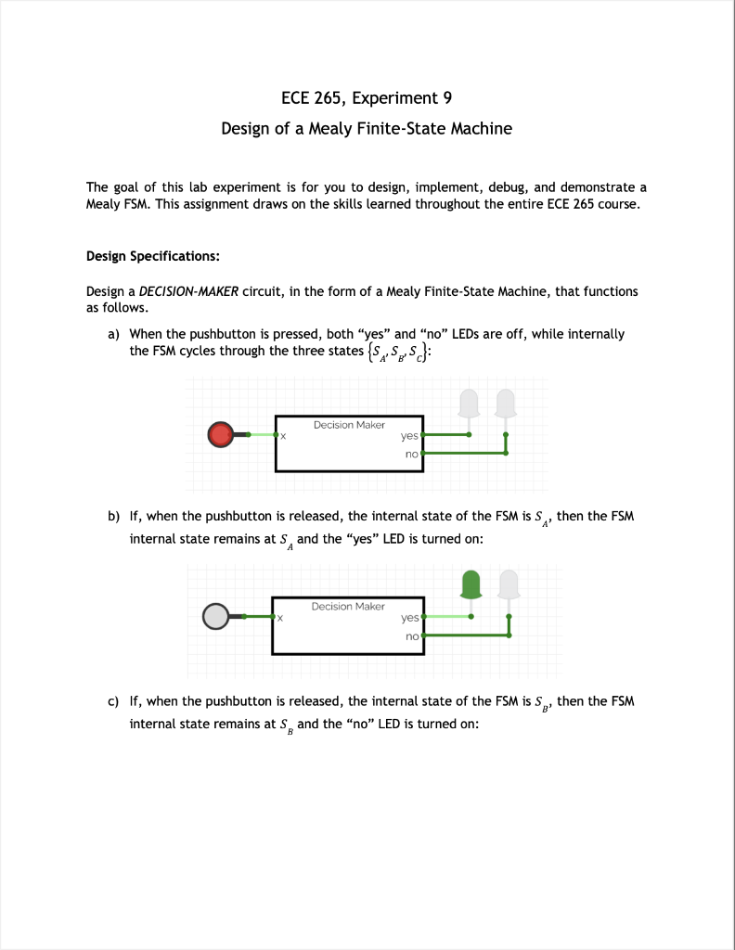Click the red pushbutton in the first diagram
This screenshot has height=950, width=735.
tap(221, 434)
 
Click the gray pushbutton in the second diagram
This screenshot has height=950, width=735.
tap(216, 616)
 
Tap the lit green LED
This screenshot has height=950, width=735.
tap(471, 584)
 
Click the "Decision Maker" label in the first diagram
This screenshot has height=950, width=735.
tap(349, 425)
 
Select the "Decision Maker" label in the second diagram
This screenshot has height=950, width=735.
tap(348, 606)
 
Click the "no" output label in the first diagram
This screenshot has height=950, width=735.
tap(412, 455)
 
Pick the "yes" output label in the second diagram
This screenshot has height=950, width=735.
tap(409, 617)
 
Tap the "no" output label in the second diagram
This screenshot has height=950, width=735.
tap(412, 636)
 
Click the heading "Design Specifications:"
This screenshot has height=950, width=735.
tap(152, 255)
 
